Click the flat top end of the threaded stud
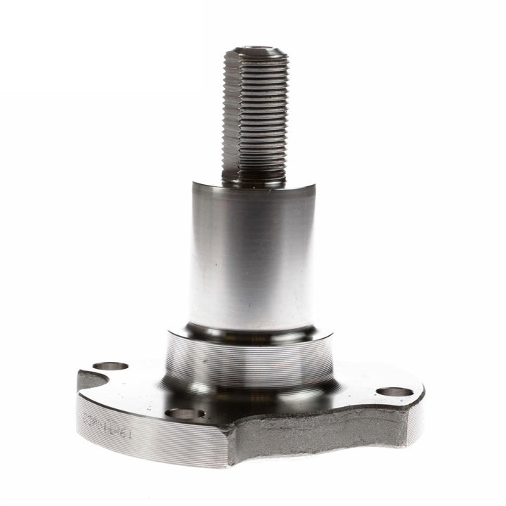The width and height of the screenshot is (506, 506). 256,51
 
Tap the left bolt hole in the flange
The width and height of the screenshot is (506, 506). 110,366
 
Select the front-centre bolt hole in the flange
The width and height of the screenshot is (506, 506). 186,413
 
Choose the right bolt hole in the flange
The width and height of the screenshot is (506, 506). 394,391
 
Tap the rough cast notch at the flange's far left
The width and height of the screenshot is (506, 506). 87,383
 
